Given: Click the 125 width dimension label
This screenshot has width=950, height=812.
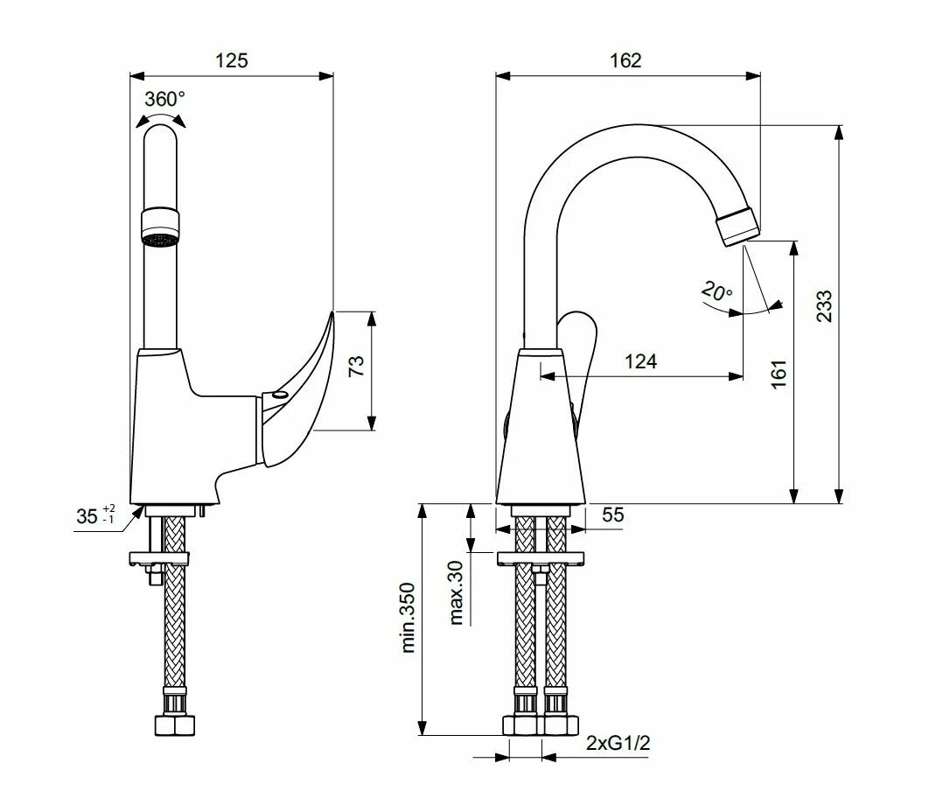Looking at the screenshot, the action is (x=232, y=60).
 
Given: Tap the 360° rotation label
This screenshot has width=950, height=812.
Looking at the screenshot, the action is (x=164, y=98).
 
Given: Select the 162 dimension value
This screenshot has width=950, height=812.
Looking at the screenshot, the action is (x=625, y=60).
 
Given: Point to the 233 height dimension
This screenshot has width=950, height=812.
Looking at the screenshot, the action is (x=824, y=306).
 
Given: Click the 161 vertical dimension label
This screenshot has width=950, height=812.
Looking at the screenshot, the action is (x=779, y=374).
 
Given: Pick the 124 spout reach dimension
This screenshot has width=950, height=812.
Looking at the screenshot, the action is (x=640, y=361).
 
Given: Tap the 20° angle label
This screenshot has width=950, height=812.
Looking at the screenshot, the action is (x=716, y=291).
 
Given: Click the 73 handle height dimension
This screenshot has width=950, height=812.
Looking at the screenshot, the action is (x=357, y=366).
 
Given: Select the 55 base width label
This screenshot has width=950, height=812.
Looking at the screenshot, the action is (x=613, y=515).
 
